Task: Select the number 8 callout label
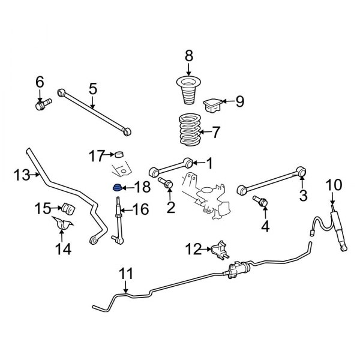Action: [x=189, y=56]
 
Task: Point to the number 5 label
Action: [x=93, y=89]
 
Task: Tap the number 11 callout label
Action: [x=125, y=274]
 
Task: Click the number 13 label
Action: [x=21, y=175]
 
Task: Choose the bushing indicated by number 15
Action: [x=66, y=210]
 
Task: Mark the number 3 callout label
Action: [x=303, y=195]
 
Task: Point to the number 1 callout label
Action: [x=209, y=162]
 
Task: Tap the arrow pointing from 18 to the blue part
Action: [x=128, y=188]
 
